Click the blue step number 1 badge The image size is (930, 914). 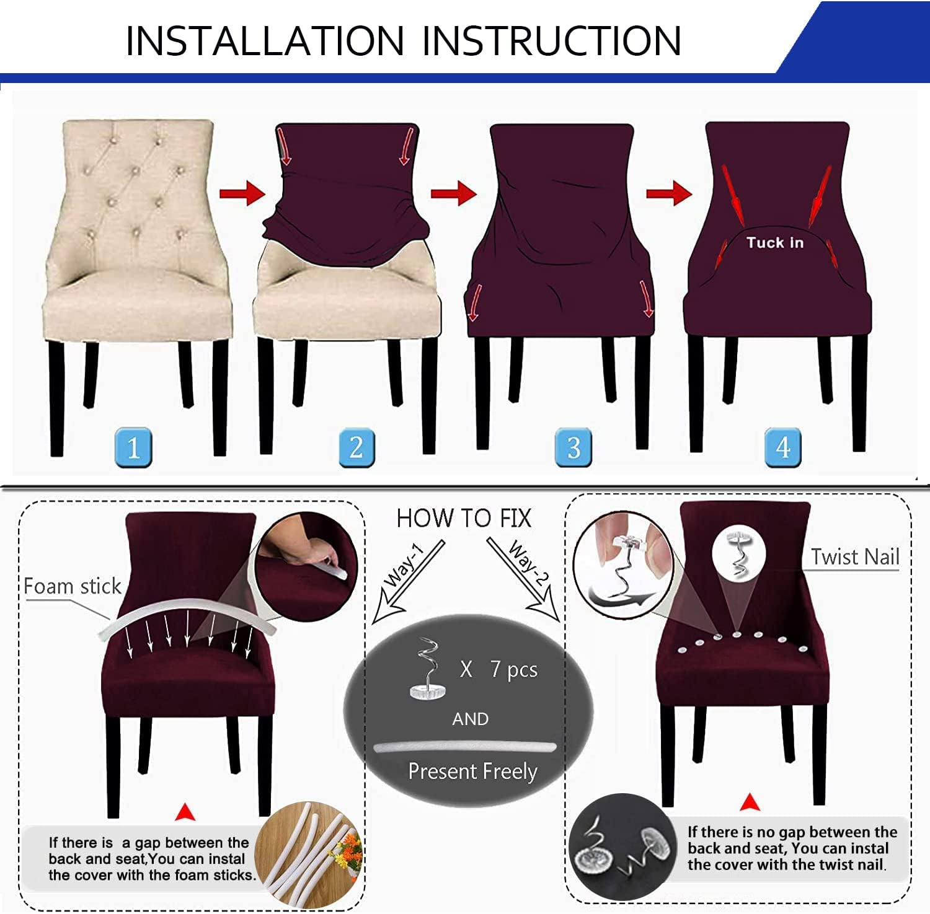coord(133,447)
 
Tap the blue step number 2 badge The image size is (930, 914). coord(356,447)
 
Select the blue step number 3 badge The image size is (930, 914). coord(573,447)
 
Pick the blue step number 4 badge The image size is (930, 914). coord(782,447)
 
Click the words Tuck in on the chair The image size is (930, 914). coord(775,242)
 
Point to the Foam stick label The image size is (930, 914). coord(73,586)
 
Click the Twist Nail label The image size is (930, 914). coord(855,557)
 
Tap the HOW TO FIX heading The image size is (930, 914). coord(464,518)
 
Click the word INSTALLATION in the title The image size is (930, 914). coord(265,42)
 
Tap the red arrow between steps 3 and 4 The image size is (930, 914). coord(668,193)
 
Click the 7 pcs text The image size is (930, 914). coord(513,669)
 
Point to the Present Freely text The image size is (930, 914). coord(472,771)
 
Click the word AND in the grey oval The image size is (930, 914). coord(470,719)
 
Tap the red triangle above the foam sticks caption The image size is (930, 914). coord(185,812)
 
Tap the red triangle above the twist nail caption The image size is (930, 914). coord(750,802)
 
